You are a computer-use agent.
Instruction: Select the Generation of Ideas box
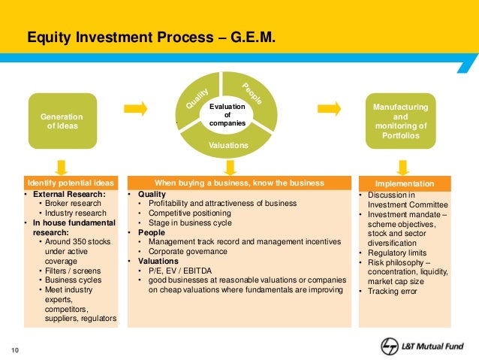[64, 121]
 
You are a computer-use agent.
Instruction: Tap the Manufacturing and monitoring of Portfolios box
[400, 121]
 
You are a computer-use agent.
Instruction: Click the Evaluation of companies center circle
[228, 115]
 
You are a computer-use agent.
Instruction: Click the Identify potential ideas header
[71, 183]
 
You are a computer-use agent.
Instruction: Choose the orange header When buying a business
[239, 183]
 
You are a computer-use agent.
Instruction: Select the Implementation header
[405, 183]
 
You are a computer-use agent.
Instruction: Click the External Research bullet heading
[68, 194]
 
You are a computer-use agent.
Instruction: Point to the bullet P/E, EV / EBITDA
[181, 269]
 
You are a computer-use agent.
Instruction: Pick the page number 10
[14, 348]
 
